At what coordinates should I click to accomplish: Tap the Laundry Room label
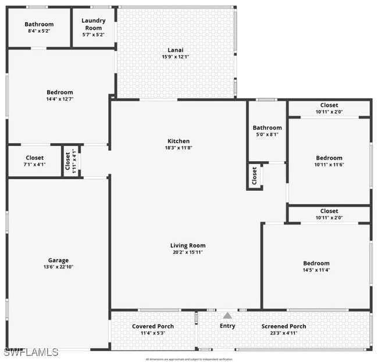pyautogui.click(x=93, y=24)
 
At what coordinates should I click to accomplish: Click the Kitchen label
pyautogui.click(x=179, y=141)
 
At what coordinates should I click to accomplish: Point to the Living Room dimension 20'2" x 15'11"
pyautogui.click(x=187, y=253)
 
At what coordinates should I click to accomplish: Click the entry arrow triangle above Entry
pyautogui.click(x=227, y=315)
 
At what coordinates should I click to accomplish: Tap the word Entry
pyautogui.click(x=227, y=326)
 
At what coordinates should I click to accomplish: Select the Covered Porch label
pyautogui.click(x=152, y=326)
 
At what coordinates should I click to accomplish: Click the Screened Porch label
pyautogui.click(x=283, y=326)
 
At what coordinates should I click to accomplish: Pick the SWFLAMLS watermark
pyautogui.click(x=31, y=352)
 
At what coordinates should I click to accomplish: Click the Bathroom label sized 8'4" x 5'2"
pyautogui.click(x=39, y=24)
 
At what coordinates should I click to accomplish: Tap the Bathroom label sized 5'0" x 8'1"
pyautogui.click(x=267, y=127)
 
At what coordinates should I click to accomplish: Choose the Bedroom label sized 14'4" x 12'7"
pyautogui.click(x=60, y=92)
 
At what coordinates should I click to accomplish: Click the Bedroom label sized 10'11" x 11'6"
pyautogui.click(x=329, y=158)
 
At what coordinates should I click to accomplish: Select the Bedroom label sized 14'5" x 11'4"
pyautogui.click(x=316, y=263)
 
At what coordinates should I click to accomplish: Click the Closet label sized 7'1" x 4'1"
pyautogui.click(x=34, y=158)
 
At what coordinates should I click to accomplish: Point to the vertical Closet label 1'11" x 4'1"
pyautogui.click(x=67, y=161)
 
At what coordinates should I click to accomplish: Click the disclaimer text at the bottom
pyautogui.click(x=188, y=359)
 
